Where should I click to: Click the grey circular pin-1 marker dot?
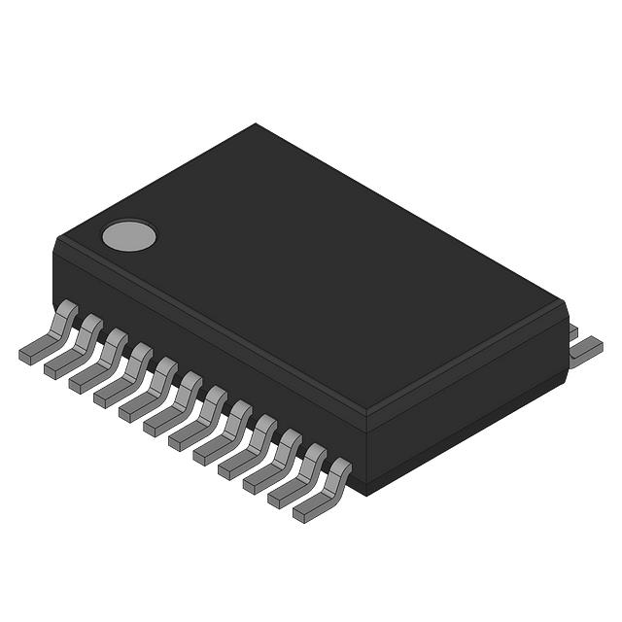click(x=128, y=235)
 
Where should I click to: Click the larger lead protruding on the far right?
click(x=585, y=350)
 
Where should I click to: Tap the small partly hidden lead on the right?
click(x=572, y=331)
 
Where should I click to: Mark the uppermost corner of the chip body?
click(x=256, y=124)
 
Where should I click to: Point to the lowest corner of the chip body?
click(x=365, y=494)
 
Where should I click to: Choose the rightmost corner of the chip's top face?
click(x=564, y=303)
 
